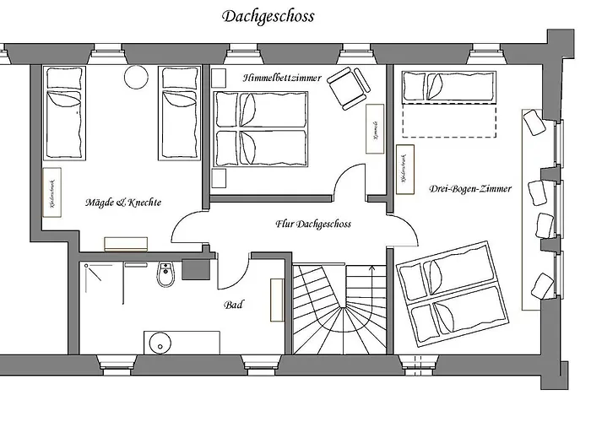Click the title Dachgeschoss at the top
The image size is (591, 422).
pyautogui.click(x=268, y=16)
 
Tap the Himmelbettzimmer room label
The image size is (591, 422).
pyautogui.click(x=282, y=78)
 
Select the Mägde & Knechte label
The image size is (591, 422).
pyautogui.click(x=123, y=203)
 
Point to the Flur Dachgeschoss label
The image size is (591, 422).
pyautogui.click(x=312, y=225)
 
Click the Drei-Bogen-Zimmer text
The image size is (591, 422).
pyautogui.click(x=469, y=189)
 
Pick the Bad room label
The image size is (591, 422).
pyautogui.click(x=233, y=305)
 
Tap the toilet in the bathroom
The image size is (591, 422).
pyautogui.click(x=165, y=275)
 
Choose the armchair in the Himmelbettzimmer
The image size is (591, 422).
pyautogui.click(x=348, y=88)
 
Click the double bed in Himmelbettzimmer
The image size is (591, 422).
pyautogui.click(x=260, y=129)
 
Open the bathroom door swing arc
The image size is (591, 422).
pyautogui.click(x=235, y=268)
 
